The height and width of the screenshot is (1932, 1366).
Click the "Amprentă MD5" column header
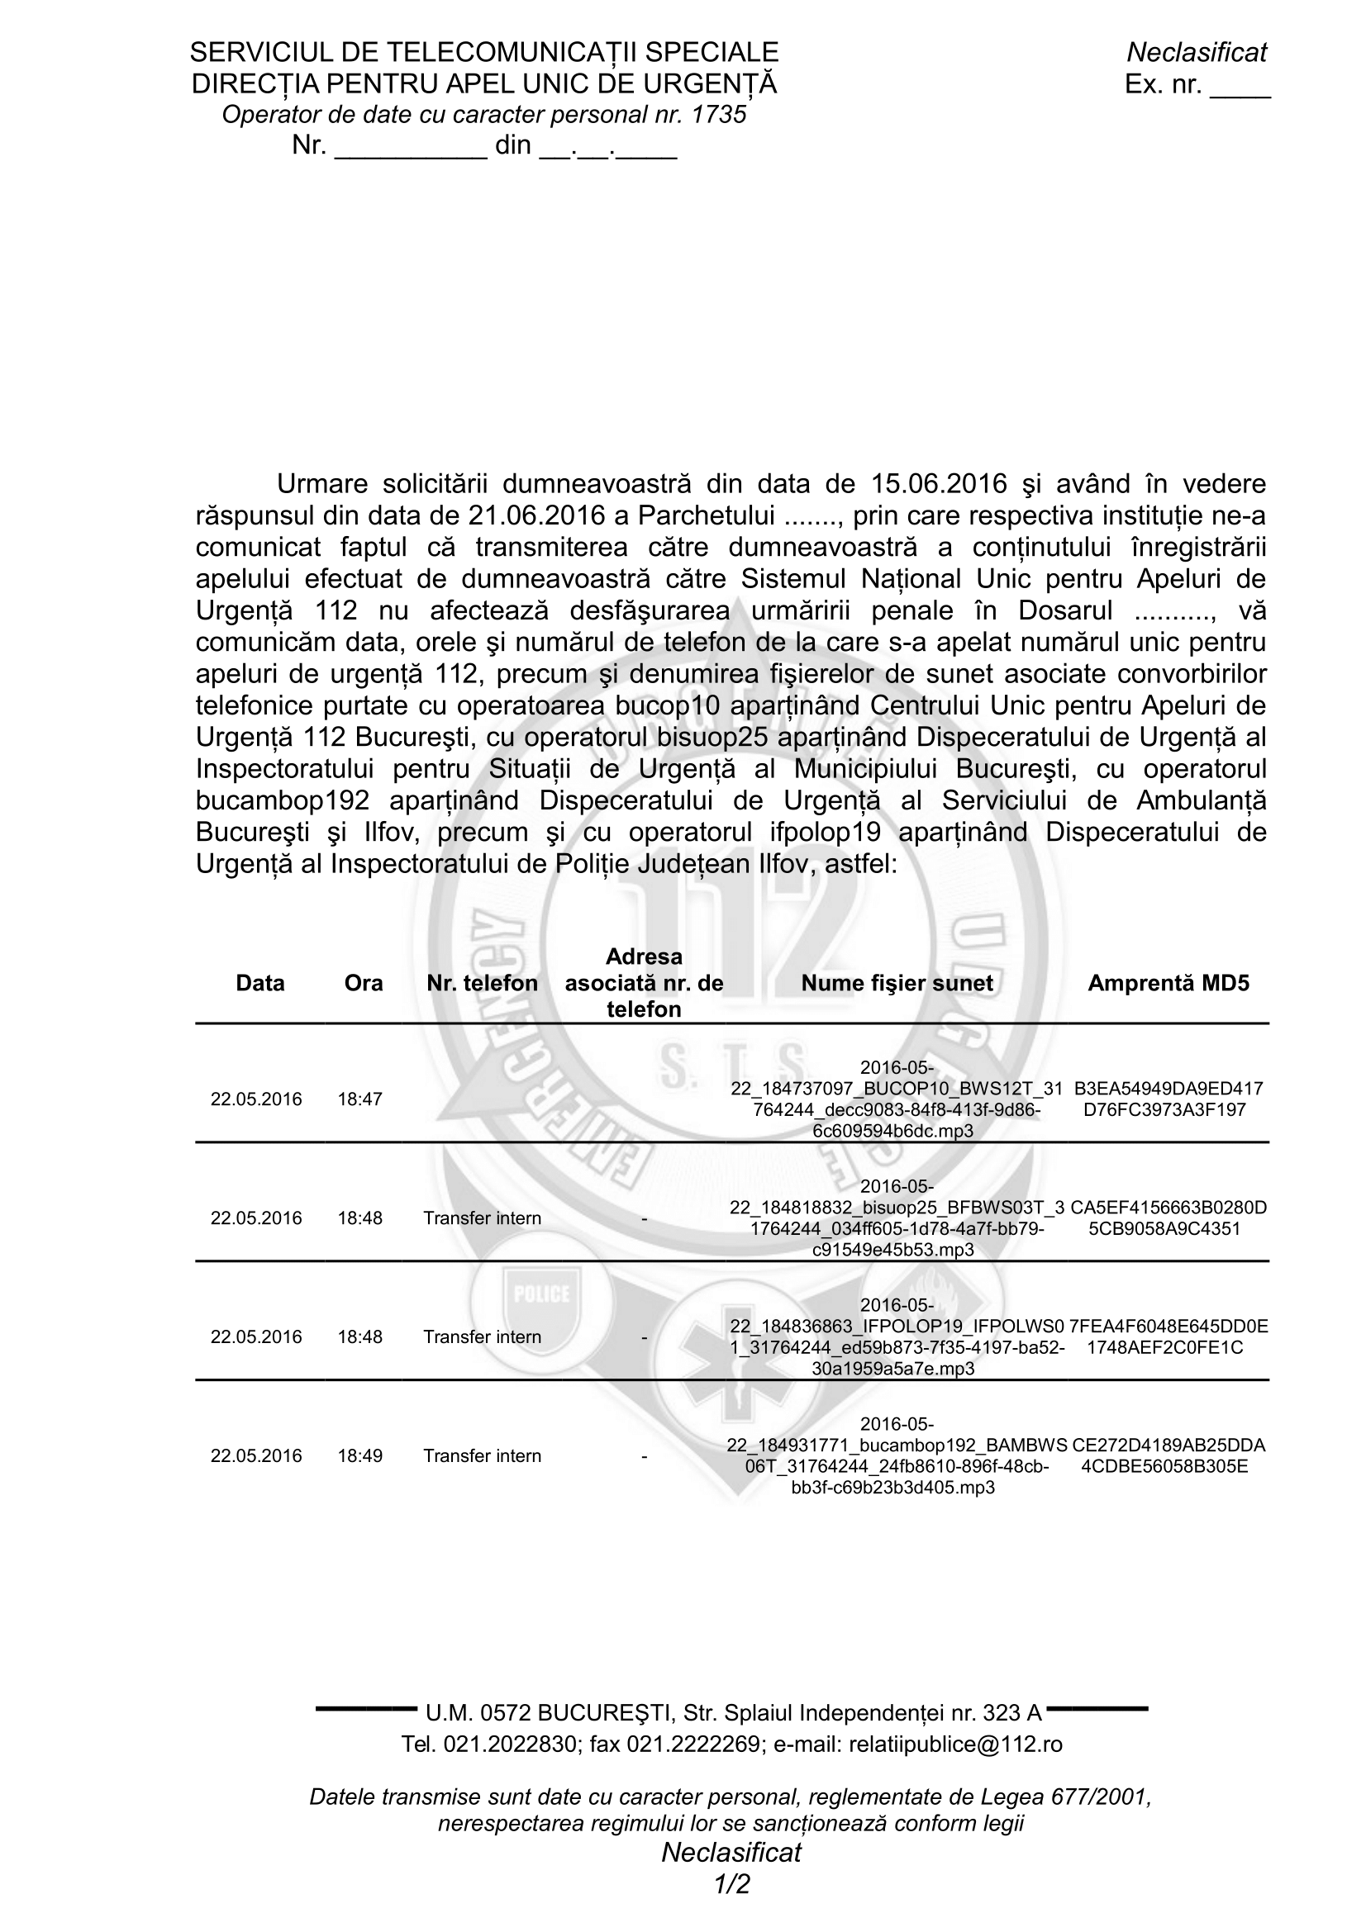click(x=1168, y=983)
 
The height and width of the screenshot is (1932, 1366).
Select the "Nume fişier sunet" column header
click(x=897, y=983)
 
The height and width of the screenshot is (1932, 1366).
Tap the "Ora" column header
click(x=364, y=983)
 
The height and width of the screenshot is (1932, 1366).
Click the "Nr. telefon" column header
click(x=483, y=983)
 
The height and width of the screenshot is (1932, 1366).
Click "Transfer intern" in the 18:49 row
click(x=483, y=1455)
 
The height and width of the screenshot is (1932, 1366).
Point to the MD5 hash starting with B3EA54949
click(x=1168, y=1099)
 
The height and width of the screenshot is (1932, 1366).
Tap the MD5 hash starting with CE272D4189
click(x=1168, y=1455)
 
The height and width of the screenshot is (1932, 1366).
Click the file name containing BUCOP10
click(x=897, y=1099)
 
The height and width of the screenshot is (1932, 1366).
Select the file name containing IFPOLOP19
click(x=897, y=1337)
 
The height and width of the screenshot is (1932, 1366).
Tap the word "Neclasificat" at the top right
click(x=1196, y=52)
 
